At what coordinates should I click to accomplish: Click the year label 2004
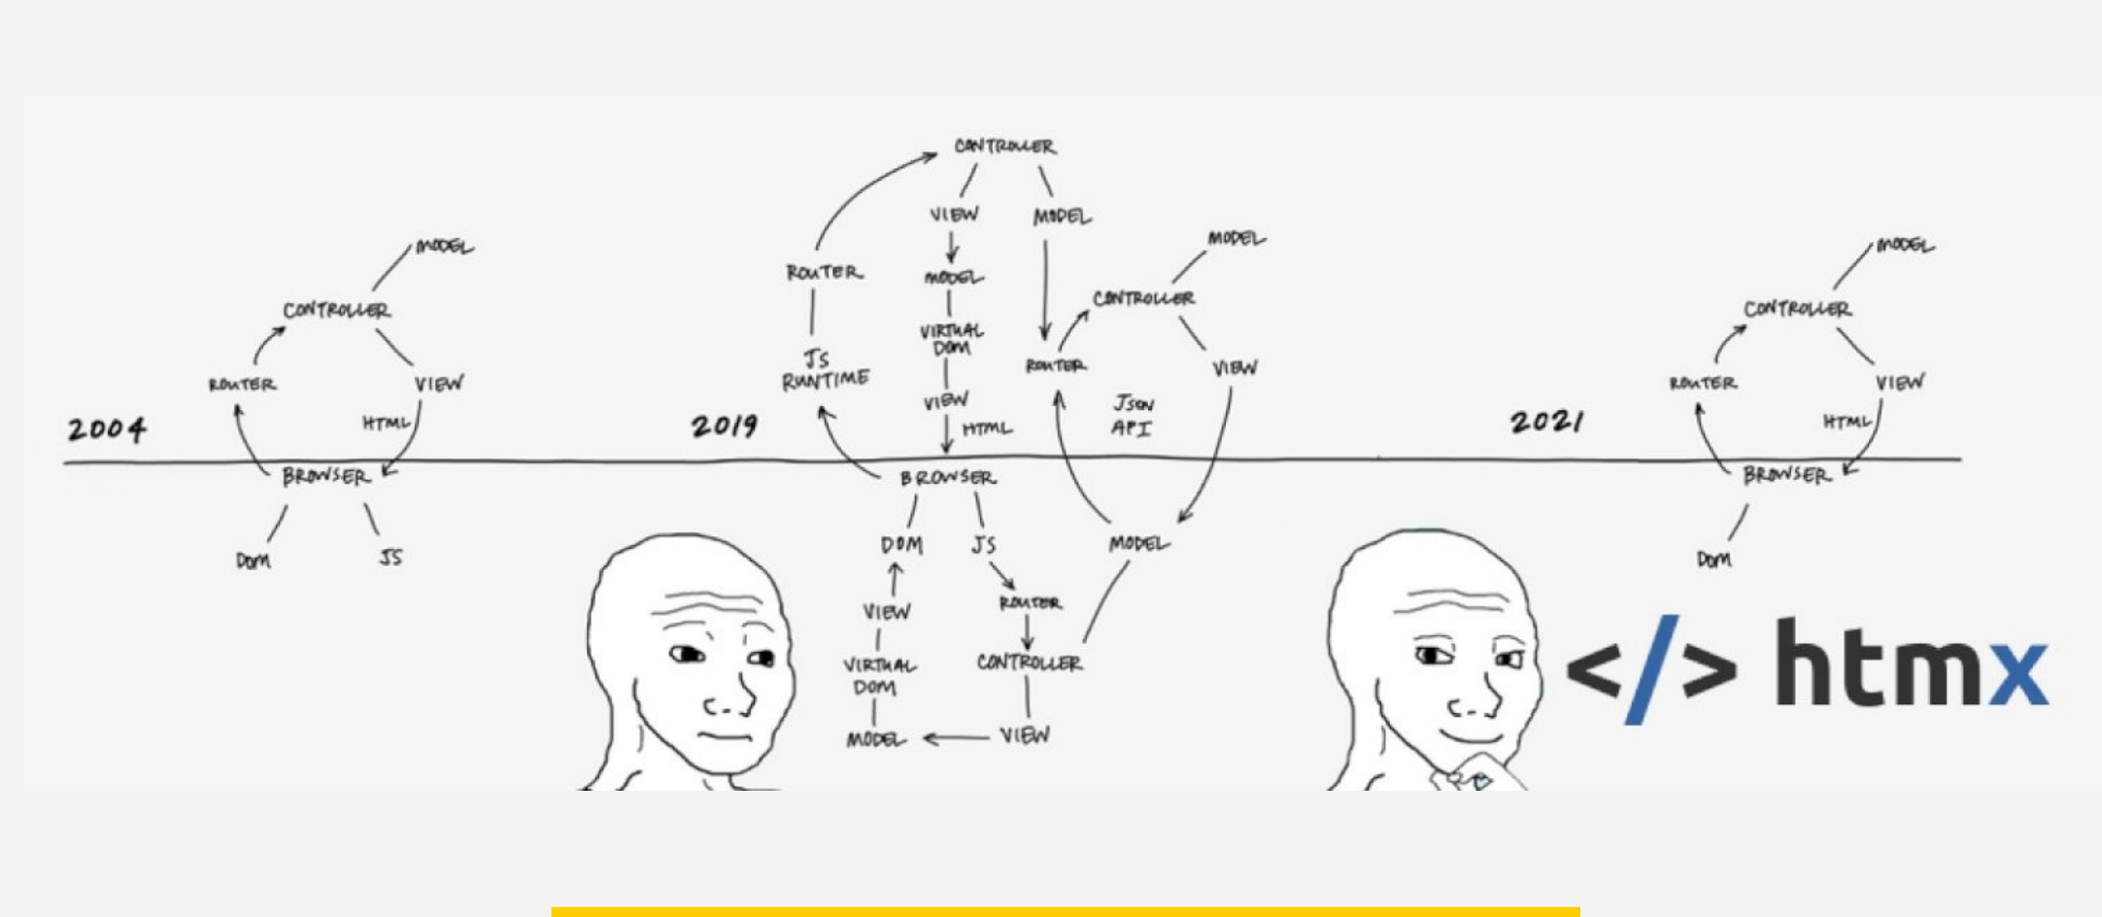pyautogui.click(x=107, y=428)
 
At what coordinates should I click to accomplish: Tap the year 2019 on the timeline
pyautogui.click(x=725, y=425)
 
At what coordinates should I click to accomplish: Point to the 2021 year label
pyautogui.click(x=1546, y=422)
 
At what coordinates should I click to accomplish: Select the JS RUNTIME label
pyautogui.click(x=825, y=370)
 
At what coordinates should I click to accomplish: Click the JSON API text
pyautogui.click(x=1133, y=416)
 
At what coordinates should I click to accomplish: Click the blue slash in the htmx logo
pyautogui.click(x=1651, y=670)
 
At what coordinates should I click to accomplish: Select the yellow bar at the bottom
pyautogui.click(x=1065, y=911)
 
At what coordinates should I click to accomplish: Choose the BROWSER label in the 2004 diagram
pyautogui.click(x=325, y=477)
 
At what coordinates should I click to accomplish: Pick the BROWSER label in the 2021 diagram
pyautogui.click(x=1785, y=475)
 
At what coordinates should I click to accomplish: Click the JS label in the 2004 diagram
pyautogui.click(x=390, y=558)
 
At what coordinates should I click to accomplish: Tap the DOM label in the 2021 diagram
pyautogui.click(x=1713, y=560)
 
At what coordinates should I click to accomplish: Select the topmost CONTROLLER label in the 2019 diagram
pyautogui.click(x=1004, y=147)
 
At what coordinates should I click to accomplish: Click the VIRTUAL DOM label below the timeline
pyautogui.click(x=878, y=676)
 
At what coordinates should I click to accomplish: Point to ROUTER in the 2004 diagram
pyautogui.click(x=243, y=385)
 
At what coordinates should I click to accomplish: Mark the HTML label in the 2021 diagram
pyautogui.click(x=1846, y=422)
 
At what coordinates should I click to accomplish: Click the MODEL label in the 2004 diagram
pyautogui.click(x=444, y=247)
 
